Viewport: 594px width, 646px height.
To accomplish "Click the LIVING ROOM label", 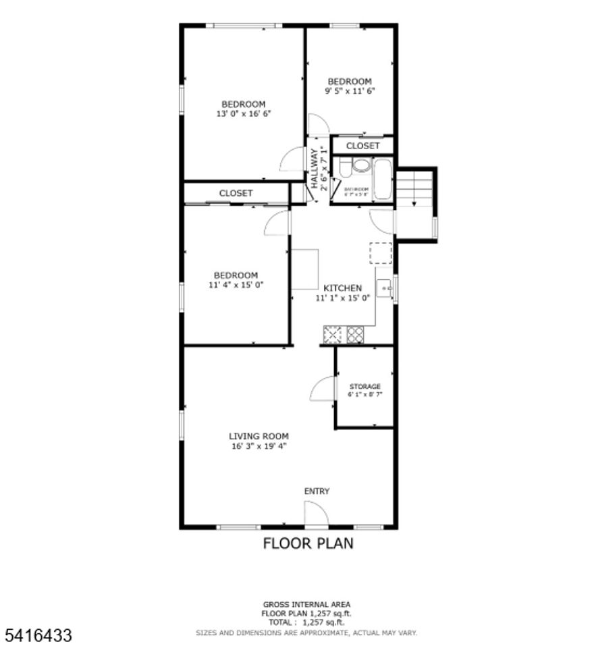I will click(259, 436).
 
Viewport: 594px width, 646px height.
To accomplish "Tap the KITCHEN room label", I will click(343, 288).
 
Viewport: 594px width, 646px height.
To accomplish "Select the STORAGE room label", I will click(364, 386).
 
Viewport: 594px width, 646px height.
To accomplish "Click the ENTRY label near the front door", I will click(317, 491).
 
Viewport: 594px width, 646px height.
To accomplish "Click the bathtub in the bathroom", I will click(383, 179).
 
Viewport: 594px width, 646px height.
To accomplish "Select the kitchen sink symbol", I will click(385, 288).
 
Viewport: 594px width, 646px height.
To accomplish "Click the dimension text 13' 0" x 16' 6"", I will click(244, 114).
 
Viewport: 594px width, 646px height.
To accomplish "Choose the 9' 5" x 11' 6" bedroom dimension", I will click(350, 90).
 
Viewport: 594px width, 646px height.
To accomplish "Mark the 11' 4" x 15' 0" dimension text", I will click(236, 284).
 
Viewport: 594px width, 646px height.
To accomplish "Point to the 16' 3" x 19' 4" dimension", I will click(259, 446).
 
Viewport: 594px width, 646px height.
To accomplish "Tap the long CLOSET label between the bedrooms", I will click(236, 193).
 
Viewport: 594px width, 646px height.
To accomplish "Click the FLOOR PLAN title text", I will click(308, 543).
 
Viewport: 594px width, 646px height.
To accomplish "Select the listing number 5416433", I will click(38, 635).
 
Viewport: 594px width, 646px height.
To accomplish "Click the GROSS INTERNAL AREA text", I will click(306, 604).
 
